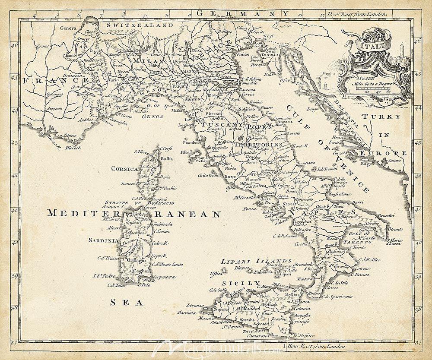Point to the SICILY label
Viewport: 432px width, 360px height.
pyautogui.click(x=235, y=282)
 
